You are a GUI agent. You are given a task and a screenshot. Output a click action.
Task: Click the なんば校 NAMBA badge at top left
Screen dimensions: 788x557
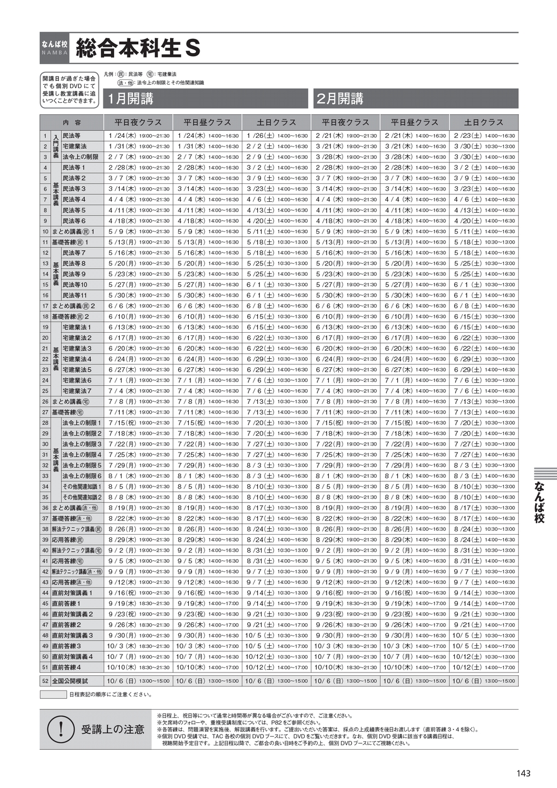(54, 48)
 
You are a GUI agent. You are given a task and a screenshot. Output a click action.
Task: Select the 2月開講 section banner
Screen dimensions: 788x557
(416, 99)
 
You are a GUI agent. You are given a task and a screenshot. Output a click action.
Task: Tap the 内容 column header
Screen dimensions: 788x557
(72, 123)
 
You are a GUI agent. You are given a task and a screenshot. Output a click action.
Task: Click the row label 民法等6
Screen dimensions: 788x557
(74, 221)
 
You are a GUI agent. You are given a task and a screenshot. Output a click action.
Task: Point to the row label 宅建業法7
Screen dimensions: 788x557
(77, 391)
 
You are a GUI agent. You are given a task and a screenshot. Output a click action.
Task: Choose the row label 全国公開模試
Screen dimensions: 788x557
(69, 681)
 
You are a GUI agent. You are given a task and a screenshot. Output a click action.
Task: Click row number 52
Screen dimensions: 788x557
(45, 681)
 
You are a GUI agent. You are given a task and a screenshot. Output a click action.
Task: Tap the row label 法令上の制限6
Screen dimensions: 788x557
(82, 476)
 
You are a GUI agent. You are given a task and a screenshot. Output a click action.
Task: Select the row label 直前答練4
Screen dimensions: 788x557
(67, 668)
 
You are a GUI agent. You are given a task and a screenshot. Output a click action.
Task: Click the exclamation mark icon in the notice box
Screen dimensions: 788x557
(60, 729)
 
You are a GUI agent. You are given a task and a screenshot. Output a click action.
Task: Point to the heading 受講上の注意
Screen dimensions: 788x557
(113, 729)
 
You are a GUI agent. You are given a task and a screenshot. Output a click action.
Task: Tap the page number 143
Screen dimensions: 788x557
(523, 773)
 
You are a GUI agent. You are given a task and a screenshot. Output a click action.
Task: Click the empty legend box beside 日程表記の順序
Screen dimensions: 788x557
(53, 694)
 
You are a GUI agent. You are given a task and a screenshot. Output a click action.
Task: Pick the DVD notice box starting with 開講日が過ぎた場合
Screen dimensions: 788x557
(69, 90)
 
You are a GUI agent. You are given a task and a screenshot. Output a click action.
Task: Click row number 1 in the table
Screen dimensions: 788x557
(45, 136)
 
